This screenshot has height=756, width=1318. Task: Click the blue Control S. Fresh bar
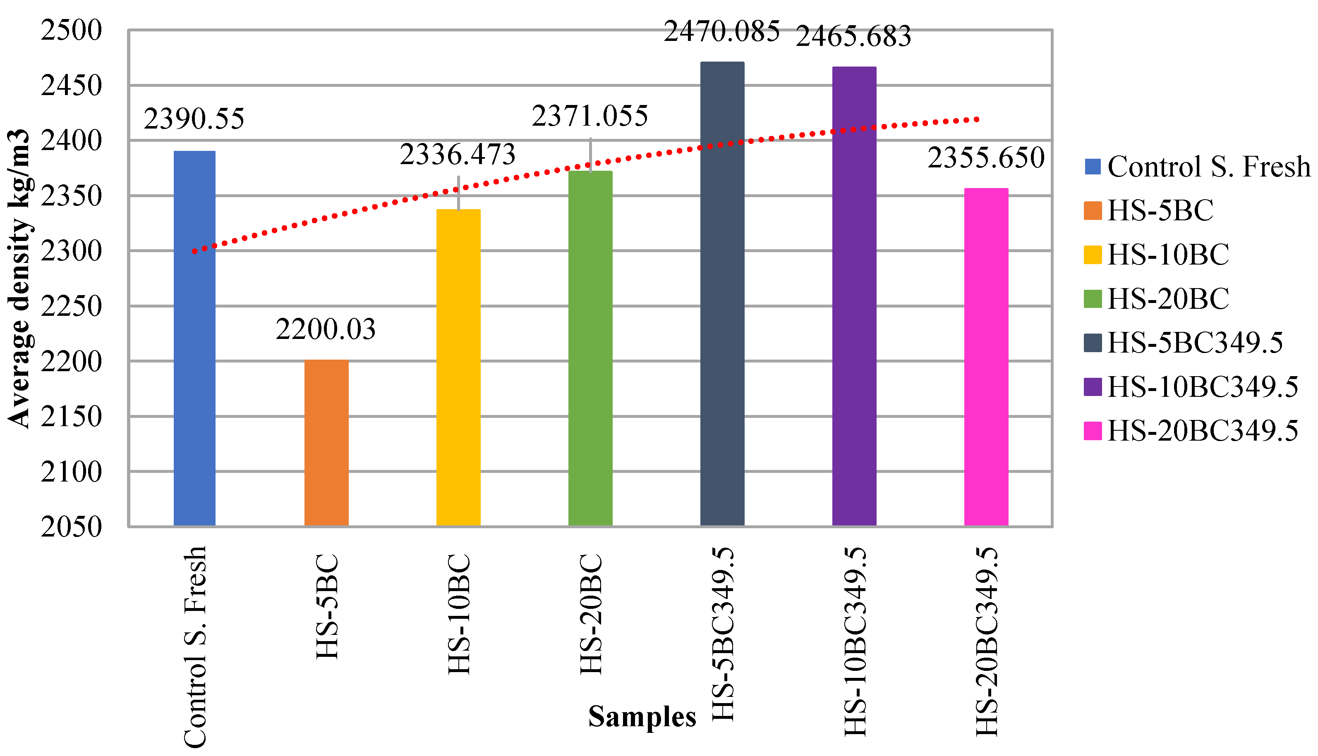(x=194, y=338)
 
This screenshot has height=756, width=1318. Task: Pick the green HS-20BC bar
(x=590, y=348)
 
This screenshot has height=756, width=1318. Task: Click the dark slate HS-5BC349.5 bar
(x=722, y=293)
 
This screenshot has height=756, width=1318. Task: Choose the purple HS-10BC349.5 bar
(x=854, y=296)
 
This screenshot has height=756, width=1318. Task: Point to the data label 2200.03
(x=326, y=329)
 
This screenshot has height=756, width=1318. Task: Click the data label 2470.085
(x=721, y=32)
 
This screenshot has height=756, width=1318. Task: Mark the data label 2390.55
(x=194, y=119)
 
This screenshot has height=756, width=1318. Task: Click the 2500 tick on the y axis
(x=72, y=30)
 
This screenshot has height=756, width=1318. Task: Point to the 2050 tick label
(x=72, y=527)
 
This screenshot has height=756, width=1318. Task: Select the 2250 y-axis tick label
(x=72, y=306)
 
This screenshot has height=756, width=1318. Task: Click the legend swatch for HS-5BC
(x=1093, y=211)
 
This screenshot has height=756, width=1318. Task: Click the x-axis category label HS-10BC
(x=459, y=614)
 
